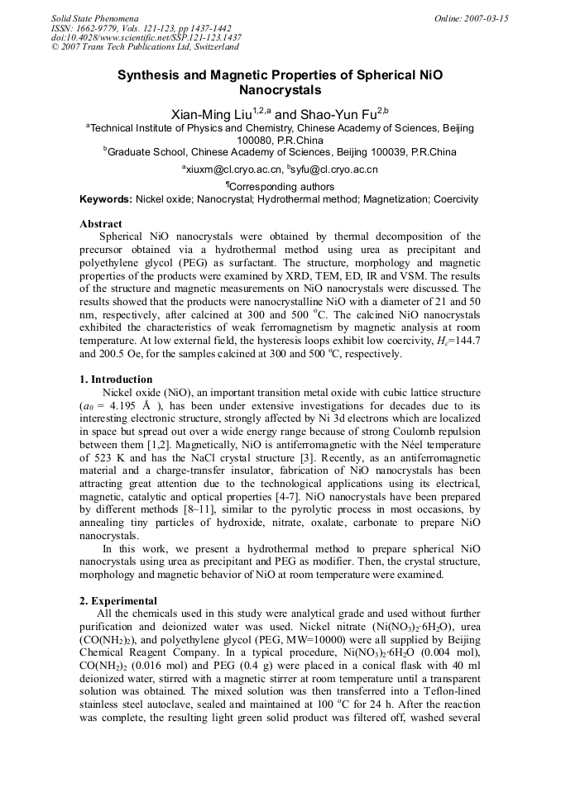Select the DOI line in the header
(146, 37)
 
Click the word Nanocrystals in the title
(280, 90)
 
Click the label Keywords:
(106, 199)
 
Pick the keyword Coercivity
(453, 199)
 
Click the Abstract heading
(100, 224)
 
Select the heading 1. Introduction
(116, 380)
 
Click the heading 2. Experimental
(118, 600)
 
